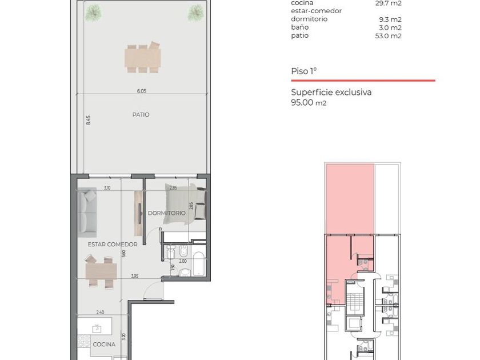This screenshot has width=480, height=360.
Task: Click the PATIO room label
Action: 141,114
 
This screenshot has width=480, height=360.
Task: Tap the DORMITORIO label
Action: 166,213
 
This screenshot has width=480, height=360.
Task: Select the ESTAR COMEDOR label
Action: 113,245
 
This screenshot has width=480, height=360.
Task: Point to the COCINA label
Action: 104,345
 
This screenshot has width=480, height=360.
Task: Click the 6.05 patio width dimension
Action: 142,91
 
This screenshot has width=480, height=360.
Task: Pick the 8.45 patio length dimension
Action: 88,120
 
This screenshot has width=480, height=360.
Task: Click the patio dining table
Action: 143,58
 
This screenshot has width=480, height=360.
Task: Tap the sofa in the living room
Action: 87,213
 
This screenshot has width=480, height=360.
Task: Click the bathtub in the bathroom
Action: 199,263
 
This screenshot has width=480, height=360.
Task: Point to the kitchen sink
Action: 97,329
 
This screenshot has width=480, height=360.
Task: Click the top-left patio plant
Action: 93,13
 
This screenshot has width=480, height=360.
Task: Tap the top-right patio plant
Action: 195,13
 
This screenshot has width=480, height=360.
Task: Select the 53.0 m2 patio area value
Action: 388,36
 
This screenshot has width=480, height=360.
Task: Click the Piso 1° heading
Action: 303,71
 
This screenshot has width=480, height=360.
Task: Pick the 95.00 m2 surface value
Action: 309,102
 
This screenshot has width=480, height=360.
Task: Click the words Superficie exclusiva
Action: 331,92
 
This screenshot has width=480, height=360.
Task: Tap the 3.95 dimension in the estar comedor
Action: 135,276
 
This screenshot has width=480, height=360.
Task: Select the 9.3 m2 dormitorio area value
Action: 390,19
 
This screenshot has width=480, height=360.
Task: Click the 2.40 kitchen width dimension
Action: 100,312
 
